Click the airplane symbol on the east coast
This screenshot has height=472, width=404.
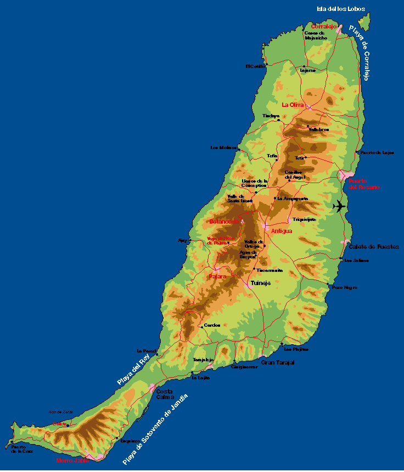click(x=340, y=207)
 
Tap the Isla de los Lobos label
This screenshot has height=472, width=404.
click(x=340, y=9)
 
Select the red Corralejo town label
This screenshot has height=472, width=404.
click(x=323, y=26)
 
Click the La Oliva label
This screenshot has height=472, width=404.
click(x=293, y=104)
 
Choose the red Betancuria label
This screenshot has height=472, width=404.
click(x=224, y=221)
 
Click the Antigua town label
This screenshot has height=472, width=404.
click(x=282, y=231)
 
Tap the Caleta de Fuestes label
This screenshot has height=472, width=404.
click(x=374, y=247)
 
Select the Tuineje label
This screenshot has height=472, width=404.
click(x=261, y=283)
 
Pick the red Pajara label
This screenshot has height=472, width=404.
click(x=218, y=276)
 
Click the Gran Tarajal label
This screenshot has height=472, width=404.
click(x=278, y=362)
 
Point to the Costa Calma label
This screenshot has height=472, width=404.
click(x=165, y=394)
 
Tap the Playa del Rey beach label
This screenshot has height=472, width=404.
click(x=133, y=369)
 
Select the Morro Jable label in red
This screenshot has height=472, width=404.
click(x=72, y=460)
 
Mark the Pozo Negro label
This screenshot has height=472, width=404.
click(x=345, y=287)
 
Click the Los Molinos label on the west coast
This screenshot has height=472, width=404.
click(x=223, y=147)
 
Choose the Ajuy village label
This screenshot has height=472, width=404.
click(x=182, y=240)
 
